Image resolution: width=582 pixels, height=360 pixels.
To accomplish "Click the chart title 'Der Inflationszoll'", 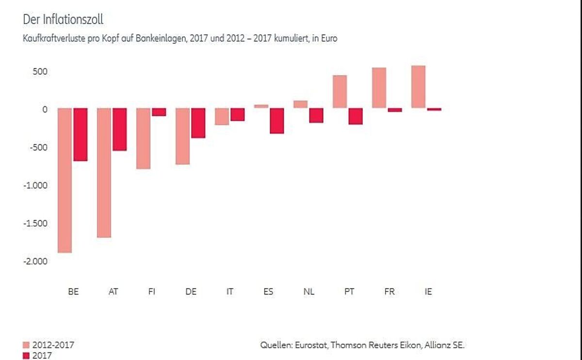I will [63, 19].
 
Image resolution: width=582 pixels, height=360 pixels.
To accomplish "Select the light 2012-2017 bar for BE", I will [65, 180].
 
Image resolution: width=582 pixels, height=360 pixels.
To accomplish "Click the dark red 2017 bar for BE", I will [81, 134].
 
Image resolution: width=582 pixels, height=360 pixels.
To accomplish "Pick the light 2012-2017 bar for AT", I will [104, 173].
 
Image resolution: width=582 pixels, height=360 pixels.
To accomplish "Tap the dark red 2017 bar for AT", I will [120, 129].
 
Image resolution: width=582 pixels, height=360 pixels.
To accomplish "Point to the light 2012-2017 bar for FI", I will [144, 138].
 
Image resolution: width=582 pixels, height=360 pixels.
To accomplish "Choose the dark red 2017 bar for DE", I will [198, 123].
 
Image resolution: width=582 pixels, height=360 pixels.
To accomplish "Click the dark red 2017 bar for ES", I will [277, 120].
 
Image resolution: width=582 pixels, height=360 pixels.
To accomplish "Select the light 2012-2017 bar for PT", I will [339, 92].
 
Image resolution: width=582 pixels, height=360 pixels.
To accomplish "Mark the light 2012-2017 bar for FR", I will [379, 88].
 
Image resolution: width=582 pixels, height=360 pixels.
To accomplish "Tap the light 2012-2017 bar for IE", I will [418, 87].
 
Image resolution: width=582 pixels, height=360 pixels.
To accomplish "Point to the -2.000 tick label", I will [35, 261].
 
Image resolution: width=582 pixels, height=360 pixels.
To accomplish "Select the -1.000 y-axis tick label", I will [35, 185].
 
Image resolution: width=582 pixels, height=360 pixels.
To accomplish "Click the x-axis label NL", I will [308, 292].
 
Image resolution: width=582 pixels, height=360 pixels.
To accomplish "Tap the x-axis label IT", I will [230, 292].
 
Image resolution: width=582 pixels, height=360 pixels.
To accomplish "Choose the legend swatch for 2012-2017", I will [26, 345].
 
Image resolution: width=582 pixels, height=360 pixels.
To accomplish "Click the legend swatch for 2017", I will [26, 356].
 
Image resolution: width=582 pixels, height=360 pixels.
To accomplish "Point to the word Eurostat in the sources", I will [310, 345].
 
